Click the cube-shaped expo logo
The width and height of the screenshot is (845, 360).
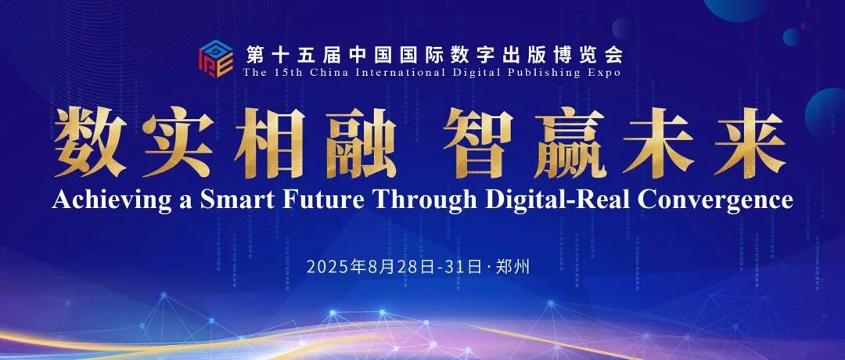coord(216,59)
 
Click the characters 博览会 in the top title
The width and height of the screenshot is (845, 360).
coord(595,55)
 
